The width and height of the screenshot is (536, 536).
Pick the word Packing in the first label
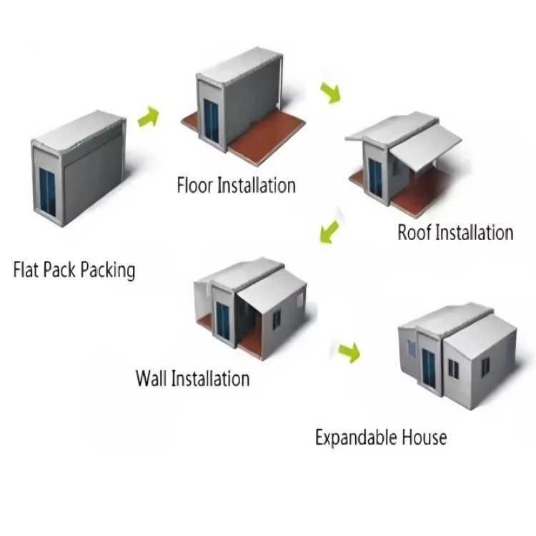pos(107,270)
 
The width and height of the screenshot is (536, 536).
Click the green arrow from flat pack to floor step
pos(148,116)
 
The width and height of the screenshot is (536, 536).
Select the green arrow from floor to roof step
pos(330,93)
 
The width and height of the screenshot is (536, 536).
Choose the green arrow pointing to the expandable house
pos(348,351)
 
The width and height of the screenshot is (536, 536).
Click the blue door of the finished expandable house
pos(430,369)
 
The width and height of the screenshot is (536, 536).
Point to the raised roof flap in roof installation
pos(425,147)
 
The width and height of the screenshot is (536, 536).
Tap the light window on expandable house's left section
pos(410,349)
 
